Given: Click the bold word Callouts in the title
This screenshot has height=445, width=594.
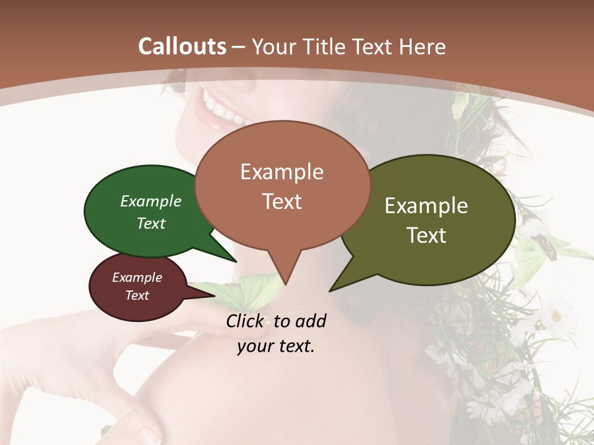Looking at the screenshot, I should point(182,46).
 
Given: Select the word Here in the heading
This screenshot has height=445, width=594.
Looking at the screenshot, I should point(424,46).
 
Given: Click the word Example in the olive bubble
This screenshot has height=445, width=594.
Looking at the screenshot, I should point(426,206).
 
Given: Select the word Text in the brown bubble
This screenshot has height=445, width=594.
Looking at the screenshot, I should point(282,201).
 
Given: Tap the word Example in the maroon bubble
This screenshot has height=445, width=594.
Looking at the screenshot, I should point(137,278).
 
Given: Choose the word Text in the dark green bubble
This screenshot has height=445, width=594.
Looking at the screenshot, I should point(151,223).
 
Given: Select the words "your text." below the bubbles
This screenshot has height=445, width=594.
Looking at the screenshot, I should point(276,346).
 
